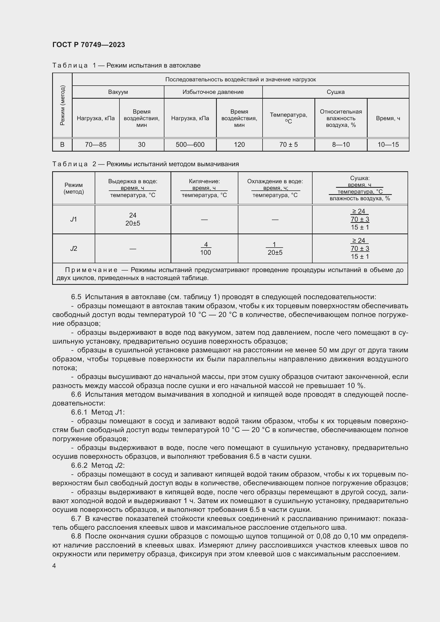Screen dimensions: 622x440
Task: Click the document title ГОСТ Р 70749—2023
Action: [x=89, y=45]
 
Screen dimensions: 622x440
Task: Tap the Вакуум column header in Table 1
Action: [x=118, y=92]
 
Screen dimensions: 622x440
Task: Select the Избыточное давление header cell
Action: [x=213, y=92]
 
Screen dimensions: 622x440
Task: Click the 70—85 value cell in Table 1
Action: [x=96, y=145]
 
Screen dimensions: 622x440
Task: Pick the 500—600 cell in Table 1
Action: [x=190, y=145]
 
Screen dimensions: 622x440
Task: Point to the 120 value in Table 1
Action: [x=239, y=145]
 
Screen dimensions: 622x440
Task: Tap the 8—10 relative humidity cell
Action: [x=341, y=145]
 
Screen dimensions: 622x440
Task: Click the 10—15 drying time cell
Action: [x=388, y=145]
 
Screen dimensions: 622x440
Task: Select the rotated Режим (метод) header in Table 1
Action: [x=62, y=105]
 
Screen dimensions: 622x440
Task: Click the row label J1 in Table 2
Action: [x=73, y=219]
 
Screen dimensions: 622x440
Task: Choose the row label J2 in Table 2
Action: [x=73, y=248]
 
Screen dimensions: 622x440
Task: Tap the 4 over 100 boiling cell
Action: [x=206, y=248]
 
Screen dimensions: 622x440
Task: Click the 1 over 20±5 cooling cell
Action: [x=275, y=248]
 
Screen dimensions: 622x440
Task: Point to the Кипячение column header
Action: [x=204, y=181]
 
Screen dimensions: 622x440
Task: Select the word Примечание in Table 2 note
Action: [x=91, y=270]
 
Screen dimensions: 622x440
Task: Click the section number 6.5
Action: [x=76, y=297]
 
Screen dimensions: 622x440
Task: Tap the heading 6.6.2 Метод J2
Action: [x=98, y=465]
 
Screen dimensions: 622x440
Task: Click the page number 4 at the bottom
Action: [x=54, y=566]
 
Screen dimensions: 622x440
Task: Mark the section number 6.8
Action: [x=76, y=536]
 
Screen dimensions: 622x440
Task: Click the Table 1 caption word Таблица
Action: [x=70, y=66]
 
